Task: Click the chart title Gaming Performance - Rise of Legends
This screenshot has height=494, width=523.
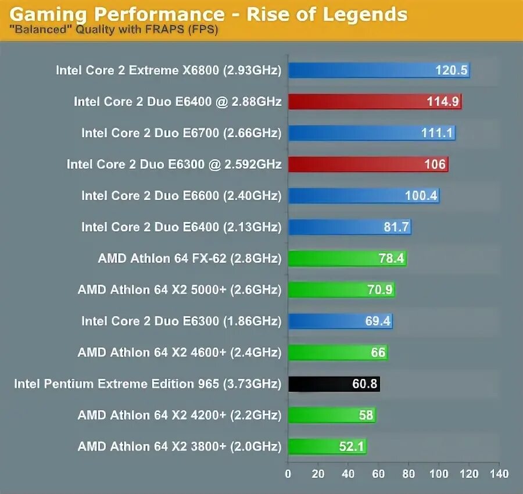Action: click(x=208, y=13)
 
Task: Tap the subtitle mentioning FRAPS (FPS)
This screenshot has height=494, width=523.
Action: click(x=114, y=30)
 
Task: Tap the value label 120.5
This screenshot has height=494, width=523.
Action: click(x=452, y=70)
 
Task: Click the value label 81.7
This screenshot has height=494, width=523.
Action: click(x=396, y=227)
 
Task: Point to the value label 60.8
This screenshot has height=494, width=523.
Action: click(x=365, y=384)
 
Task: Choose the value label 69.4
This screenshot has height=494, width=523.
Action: click(x=378, y=321)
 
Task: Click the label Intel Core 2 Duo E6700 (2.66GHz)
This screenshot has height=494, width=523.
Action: click(x=181, y=133)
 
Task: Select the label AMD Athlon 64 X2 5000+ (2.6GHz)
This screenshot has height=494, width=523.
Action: click(x=180, y=289)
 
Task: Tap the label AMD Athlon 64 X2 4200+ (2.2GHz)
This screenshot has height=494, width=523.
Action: click(x=180, y=415)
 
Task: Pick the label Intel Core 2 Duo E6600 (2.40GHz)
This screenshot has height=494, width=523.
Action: click(x=181, y=196)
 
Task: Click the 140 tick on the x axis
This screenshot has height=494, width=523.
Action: click(x=499, y=474)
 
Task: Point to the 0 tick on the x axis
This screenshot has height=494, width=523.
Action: click(x=288, y=474)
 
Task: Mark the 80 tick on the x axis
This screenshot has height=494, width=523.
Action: click(x=409, y=474)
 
